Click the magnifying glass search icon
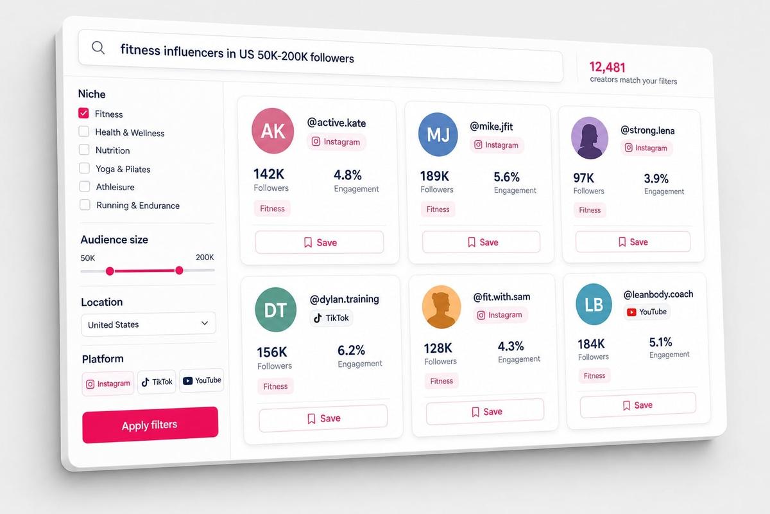tap(98, 48)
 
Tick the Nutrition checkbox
tap(84, 150)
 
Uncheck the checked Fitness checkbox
tap(83, 113)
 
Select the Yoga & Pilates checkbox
tap(85, 168)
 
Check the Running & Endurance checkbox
tap(85, 204)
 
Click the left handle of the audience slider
tap(110, 271)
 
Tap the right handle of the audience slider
tap(179, 270)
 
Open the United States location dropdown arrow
tap(205, 323)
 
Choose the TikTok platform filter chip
tap(157, 382)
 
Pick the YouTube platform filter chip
tap(201, 380)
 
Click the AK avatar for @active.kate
tap(273, 131)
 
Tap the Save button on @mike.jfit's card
tap(481, 242)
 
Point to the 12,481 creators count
tap(608, 67)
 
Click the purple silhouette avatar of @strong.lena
tap(590, 138)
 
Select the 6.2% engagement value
tap(351, 350)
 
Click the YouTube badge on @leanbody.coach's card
tap(647, 312)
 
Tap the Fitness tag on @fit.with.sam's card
tap(441, 381)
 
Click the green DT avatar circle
tap(276, 310)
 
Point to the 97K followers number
tap(584, 178)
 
